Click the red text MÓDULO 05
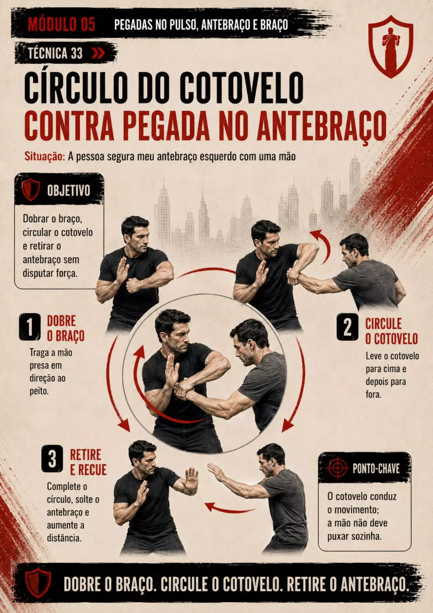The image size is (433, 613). click(62, 24)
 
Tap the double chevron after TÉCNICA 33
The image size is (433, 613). click(98, 53)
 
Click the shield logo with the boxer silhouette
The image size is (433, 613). click(390, 46)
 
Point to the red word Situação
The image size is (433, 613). click(45, 157)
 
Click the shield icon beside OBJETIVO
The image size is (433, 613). click(31, 190)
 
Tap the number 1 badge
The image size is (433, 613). click(30, 327)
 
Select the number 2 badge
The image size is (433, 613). click(347, 327)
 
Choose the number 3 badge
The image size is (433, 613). click(52, 459)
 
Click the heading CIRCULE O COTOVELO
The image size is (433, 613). click(392, 331)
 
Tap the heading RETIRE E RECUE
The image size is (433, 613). click(88, 463)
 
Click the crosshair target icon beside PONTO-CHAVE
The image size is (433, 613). click(337, 468)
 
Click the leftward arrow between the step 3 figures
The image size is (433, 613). click(230, 509)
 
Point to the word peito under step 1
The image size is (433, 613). click(39, 391)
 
